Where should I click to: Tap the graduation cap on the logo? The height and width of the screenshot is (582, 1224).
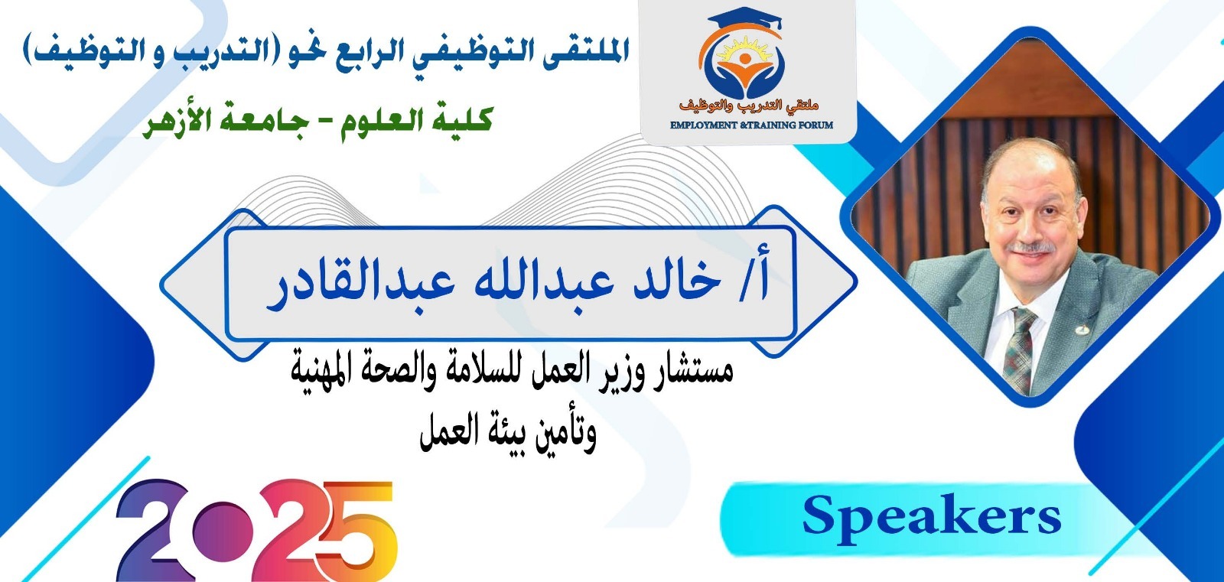pos(745,21)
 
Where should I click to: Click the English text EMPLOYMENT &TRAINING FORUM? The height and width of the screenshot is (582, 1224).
pos(751,125)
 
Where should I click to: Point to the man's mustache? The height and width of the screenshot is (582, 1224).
pos(1031,247)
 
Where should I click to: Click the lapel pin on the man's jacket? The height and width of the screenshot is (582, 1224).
pos(1081,330)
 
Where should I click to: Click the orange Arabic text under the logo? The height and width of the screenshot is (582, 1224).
pos(749,105)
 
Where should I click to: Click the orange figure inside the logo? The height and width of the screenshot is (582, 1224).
pos(744,67)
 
